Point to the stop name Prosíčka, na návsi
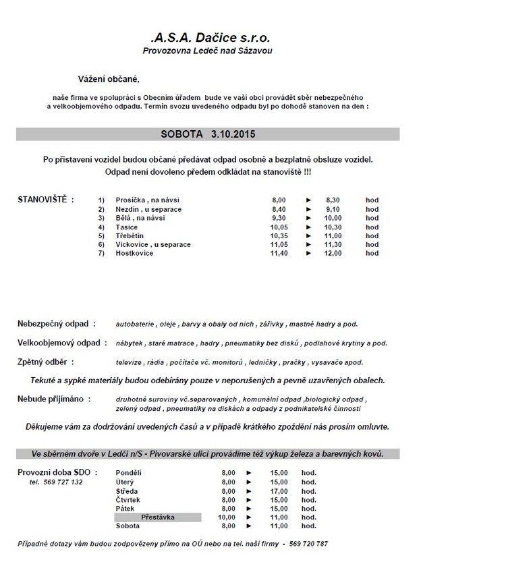point(148,200)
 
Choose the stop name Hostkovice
point(134,253)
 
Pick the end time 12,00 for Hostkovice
point(333,253)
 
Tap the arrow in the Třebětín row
point(308,235)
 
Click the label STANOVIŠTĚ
point(45,200)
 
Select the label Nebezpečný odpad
point(56,324)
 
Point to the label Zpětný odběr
point(45,362)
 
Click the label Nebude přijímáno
point(53,399)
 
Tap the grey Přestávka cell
point(158,517)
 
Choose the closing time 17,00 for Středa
point(279,491)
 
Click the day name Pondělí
point(129,474)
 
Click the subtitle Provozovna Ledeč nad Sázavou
point(208,51)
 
